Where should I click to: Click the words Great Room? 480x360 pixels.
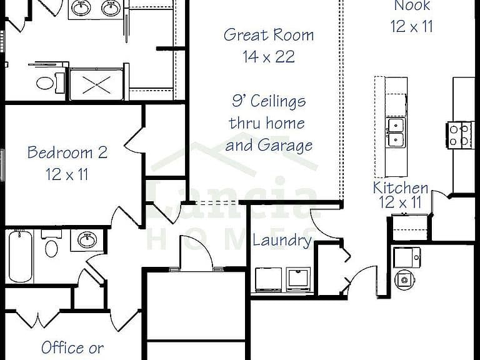click(269, 35)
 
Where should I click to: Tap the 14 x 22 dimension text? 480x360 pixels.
click(269, 57)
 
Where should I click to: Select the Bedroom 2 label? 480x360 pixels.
click(67, 152)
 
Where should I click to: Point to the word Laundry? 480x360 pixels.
click(282, 241)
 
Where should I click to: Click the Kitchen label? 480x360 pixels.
click(401, 187)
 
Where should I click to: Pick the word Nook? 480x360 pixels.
click(412, 6)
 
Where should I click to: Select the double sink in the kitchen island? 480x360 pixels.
click(395, 132)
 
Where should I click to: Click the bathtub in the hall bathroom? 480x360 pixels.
click(20, 256)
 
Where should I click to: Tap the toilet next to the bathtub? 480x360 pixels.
click(51, 244)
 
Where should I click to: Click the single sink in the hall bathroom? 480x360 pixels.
click(87, 239)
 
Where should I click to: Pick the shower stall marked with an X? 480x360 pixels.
click(97, 84)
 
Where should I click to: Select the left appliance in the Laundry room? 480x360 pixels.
click(269, 279)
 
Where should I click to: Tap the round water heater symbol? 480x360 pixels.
click(405, 279)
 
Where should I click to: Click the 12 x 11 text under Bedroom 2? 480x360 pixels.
click(67, 174)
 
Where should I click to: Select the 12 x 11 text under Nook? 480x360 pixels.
click(412, 26)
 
